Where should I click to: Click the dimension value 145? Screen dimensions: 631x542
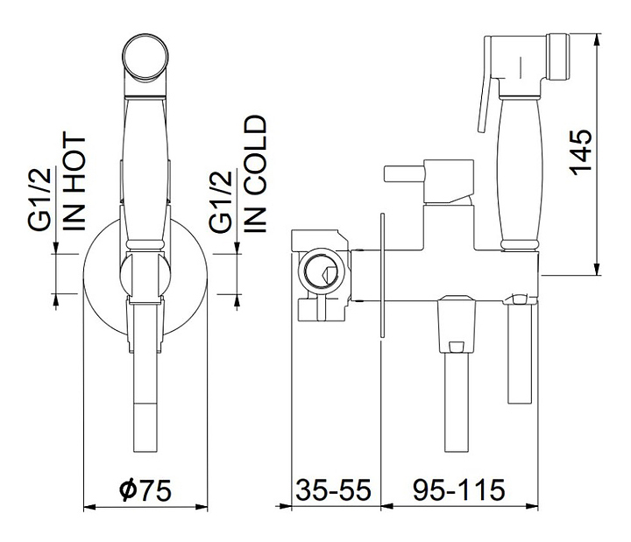coord(582,152)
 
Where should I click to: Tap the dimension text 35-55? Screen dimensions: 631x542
coord(334,489)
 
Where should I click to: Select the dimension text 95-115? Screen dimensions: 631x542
coord(459,489)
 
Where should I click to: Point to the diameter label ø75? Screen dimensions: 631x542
coord(145,489)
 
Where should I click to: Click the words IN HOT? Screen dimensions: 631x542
coord(74,183)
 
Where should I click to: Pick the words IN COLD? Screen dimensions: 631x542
coord(256,173)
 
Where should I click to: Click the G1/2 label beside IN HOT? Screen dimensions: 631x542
coord(40,199)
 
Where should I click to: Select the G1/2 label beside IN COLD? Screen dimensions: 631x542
coord(221,201)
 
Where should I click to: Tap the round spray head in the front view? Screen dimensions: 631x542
coord(146,58)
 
